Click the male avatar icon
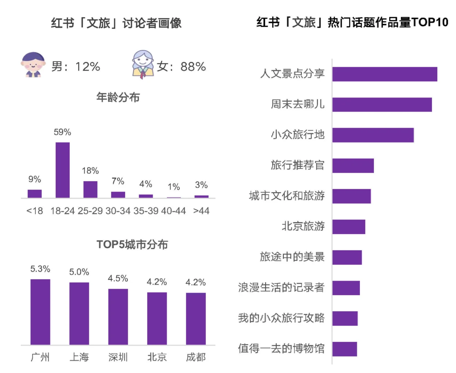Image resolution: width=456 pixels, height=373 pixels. (x=33, y=65)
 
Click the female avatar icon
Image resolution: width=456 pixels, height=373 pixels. (x=143, y=65)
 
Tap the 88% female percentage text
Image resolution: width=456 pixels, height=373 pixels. (x=193, y=66)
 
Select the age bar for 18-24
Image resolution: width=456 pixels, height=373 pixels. (x=63, y=170)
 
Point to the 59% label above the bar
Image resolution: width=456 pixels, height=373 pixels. (x=63, y=132)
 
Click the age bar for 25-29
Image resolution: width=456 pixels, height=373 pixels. (x=90, y=189)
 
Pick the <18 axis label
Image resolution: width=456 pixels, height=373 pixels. (x=35, y=211)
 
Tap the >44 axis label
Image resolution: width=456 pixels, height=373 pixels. (x=201, y=211)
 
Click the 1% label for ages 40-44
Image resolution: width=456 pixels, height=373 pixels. (x=174, y=187)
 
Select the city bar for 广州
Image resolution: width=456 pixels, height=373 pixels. (x=40, y=312)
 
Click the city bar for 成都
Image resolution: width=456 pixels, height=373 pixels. (x=196, y=318)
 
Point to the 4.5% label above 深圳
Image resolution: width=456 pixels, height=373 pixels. (x=118, y=278)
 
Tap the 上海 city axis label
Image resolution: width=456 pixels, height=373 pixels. (x=79, y=357)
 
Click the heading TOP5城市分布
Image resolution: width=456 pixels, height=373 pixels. (x=132, y=245)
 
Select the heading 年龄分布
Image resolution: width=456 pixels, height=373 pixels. (x=118, y=97)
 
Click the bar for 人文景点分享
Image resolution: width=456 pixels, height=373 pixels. (x=384, y=74)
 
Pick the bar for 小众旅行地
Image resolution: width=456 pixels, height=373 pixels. (x=373, y=135)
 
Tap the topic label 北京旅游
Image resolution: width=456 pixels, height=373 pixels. (x=303, y=226)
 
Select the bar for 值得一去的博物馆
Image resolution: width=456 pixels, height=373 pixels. (x=345, y=349)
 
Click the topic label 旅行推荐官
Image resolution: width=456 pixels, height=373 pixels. (x=297, y=165)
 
